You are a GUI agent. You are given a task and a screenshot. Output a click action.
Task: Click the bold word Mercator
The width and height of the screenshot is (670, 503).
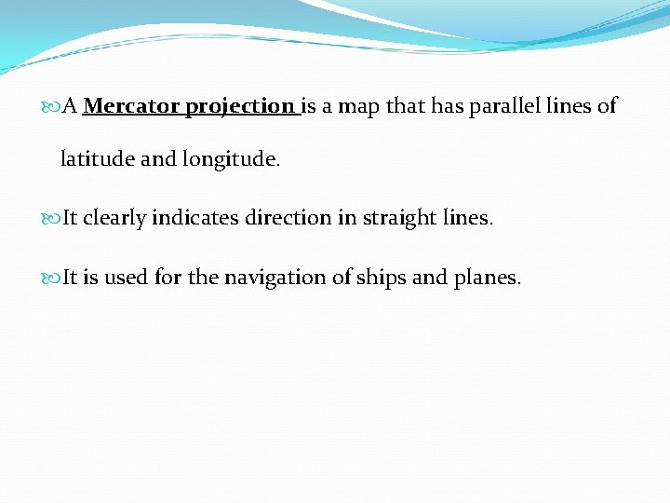pyautogui.click(x=131, y=106)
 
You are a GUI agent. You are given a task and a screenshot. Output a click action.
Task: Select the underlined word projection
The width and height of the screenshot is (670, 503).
pyautogui.click(x=239, y=107)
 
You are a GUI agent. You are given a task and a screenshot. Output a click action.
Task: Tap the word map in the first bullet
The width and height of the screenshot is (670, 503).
pyautogui.click(x=358, y=106)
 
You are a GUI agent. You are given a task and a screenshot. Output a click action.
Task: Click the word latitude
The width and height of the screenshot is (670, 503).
pyautogui.click(x=97, y=159)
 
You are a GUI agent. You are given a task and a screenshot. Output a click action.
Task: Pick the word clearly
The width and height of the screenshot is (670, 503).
pyautogui.click(x=114, y=218)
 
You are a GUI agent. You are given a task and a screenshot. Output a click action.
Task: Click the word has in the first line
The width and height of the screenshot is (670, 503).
pyautogui.click(x=449, y=106)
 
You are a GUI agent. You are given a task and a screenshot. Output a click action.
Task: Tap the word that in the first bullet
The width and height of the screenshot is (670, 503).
pyautogui.click(x=405, y=106)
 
